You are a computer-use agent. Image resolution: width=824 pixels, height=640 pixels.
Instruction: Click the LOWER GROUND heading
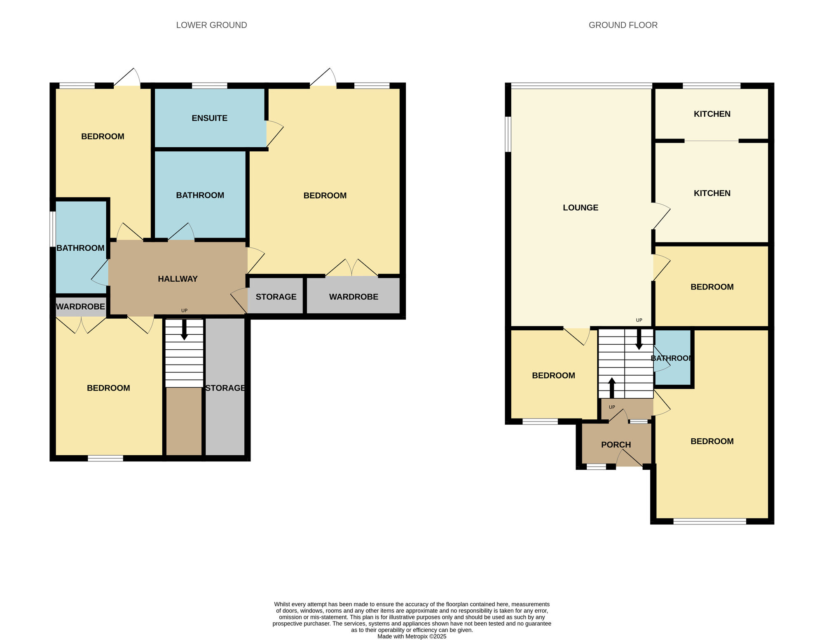211,25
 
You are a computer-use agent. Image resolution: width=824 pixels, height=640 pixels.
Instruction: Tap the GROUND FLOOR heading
623,25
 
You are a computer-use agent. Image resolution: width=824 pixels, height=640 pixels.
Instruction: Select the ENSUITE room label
209,118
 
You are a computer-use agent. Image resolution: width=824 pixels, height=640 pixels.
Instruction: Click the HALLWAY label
178,279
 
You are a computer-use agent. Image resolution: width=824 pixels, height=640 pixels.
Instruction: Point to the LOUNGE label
580,208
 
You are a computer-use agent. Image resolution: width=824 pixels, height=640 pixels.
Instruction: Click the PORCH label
616,445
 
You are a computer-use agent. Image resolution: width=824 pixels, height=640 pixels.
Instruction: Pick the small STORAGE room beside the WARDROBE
276,297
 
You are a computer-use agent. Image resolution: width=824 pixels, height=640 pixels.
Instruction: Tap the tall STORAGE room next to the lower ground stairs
225,388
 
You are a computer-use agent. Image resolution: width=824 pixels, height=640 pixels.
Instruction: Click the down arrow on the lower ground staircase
184,330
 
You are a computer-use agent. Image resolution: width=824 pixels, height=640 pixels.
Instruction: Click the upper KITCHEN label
712,114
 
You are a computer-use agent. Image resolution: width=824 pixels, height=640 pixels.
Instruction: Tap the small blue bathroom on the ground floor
672,358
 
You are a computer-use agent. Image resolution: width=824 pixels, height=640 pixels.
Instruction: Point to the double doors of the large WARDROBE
351,268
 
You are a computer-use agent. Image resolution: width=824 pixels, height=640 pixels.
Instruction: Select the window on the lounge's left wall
508,134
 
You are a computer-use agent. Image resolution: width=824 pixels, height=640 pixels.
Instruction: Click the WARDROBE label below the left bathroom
80,307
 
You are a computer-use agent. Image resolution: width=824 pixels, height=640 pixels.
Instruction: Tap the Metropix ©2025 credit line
412,636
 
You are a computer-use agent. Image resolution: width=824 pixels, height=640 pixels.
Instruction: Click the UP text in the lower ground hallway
184,311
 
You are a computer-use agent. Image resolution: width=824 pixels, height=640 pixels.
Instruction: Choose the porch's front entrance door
629,458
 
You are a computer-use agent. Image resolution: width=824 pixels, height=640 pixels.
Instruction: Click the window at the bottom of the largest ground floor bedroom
709,522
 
